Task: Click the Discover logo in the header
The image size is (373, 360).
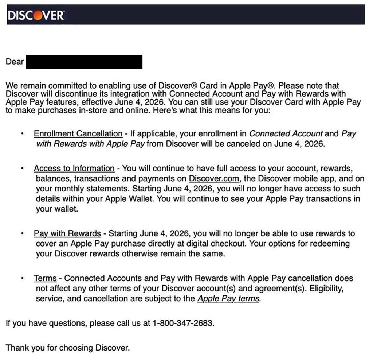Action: pos(36,15)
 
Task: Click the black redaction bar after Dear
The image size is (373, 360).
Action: pos(84,62)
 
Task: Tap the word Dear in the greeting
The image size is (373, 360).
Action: pos(15,62)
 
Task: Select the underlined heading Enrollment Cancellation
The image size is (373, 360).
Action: pos(78,134)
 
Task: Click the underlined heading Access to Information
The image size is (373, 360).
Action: pos(74,169)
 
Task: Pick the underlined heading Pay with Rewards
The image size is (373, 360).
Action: pos(67,233)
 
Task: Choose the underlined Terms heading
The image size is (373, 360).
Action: pos(45,279)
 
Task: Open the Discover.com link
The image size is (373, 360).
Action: pos(214,179)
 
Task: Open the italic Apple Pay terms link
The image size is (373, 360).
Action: pos(228,299)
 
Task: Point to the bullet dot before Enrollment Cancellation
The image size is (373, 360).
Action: pos(23,134)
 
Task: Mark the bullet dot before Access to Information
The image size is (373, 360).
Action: pos(23,169)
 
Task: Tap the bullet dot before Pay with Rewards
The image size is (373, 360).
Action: pos(23,233)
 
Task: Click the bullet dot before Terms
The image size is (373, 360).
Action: pos(23,279)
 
